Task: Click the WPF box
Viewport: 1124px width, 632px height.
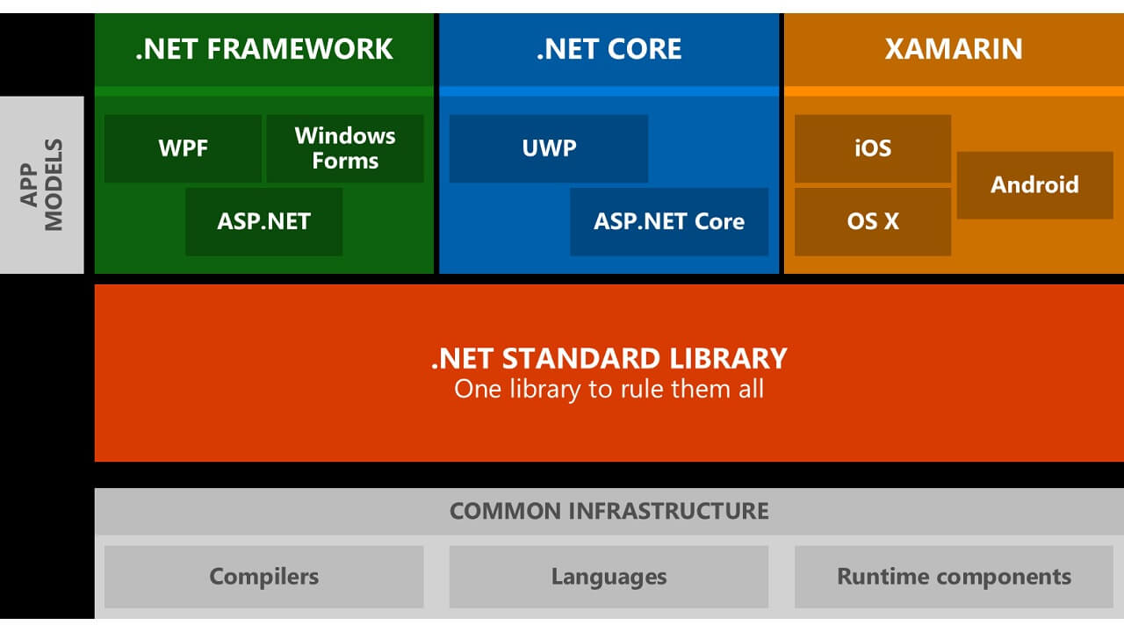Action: click(x=183, y=148)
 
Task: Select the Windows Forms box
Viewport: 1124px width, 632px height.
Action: click(x=345, y=148)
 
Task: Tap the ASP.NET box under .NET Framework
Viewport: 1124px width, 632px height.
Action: click(x=263, y=221)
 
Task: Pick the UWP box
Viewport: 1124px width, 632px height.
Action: click(x=549, y=148)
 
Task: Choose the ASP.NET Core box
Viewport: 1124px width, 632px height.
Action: click(x=669, y=221)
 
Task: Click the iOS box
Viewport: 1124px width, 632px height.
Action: click(x=873, y=148)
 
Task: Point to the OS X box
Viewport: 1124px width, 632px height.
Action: click(x=873, y=221)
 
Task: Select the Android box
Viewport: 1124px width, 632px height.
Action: click(x=1034, y=185)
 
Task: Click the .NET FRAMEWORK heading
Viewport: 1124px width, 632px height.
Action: click(x=264, y=49)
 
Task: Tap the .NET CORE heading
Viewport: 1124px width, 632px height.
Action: click(x=609, y=49)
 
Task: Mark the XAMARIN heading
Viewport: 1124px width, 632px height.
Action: click(x=954, y=49)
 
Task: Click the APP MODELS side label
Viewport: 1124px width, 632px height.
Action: click(x=42, y=184)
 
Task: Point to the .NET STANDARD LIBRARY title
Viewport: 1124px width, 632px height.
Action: click(x=609, y=358)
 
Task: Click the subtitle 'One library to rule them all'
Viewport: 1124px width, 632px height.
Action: click(x=609, y=389)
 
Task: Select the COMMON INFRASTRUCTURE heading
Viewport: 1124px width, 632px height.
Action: click(x=609, y=511)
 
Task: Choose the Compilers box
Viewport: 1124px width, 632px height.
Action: click(x=263, y=577)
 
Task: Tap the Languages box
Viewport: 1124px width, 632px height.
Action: click(x=609, y=577)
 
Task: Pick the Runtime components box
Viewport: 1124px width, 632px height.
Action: click(x=954, y=577)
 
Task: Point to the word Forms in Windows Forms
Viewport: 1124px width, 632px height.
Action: click(x=345, y=162)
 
